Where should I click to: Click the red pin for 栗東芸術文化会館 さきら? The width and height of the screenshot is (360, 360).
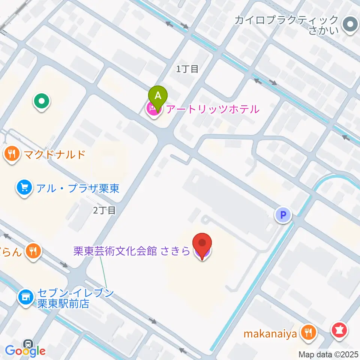[202, 244]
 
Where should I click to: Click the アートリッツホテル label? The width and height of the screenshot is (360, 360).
[212, 109]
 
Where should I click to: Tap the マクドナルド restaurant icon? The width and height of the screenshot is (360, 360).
[12, 154]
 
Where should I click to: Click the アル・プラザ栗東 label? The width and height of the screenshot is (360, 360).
[78, 188]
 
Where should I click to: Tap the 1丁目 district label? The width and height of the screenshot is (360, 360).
[187, 69]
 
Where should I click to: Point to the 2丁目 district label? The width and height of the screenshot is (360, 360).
[104, 210]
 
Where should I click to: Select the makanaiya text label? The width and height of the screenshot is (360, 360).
[270, 333]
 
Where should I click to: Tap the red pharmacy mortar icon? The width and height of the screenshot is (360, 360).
[340, 331]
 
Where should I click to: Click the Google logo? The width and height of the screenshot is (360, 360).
[25, 351]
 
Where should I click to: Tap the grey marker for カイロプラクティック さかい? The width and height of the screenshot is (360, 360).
[350, 25]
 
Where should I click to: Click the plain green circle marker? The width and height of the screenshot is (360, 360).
[42, 101]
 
